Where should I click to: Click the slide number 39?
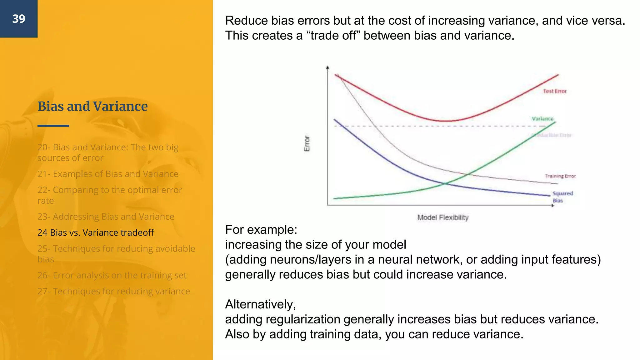pyautogui.click(x=19, y=19)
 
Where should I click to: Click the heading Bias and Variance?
pyautogui.click(x=92, y=107)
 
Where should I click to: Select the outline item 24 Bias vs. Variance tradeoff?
pyautogui.click(x=96, y=232)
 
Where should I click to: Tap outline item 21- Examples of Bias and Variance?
pyautogui.click(x=108, y=174)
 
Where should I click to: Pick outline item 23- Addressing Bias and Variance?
pyautogui.click(x=106, y=217)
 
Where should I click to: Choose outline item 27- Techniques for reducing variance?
pyautogui.click(x=113, y=291)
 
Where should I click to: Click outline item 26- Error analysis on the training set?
pyautogui.click(x=112, y=275)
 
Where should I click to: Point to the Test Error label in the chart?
pyautogui.click(x=555, y=91)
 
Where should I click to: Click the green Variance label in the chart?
pyautogui.click(x=542, y=119)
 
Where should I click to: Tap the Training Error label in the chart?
pyautogui.click(x=560, y=176)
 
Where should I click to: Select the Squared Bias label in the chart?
pyautogui.click(x=562, y=197)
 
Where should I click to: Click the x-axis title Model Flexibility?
pyautogui.click(x=443, y=217)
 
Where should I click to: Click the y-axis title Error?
pyautogui.click(x=307, y=143)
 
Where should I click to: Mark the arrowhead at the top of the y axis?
pyautogui.click(x=327, y=67)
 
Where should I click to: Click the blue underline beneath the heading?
pyautogui.click(x=53, y=126)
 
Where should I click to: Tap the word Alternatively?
pyautogui.click(x=260, y=304)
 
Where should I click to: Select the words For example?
pyautogui.click(x=261, y=230)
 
